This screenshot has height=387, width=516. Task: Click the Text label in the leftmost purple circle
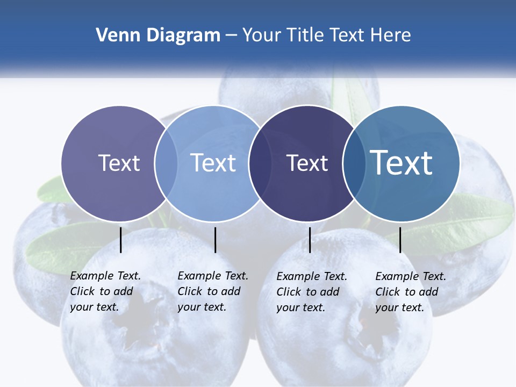point(119,163)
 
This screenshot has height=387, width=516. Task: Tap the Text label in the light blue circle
point(213,163)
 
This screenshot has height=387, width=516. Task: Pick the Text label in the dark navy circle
point(307,163)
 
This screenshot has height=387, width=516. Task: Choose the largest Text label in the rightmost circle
point(402,163)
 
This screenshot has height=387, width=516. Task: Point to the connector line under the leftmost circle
point(121,240)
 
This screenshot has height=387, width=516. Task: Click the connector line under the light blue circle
point(215,240)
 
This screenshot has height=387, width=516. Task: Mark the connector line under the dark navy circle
point(310,240)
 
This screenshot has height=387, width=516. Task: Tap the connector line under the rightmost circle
point(400,240)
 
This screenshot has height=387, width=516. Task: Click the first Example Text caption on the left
point(105,291)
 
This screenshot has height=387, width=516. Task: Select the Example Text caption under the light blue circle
point(212,291)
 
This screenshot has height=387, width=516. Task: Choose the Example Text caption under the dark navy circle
point(311,292)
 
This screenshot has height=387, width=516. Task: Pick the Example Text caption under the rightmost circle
point(410,292)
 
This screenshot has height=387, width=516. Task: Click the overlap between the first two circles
point(166,163)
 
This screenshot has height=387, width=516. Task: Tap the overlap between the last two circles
point(353,163)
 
